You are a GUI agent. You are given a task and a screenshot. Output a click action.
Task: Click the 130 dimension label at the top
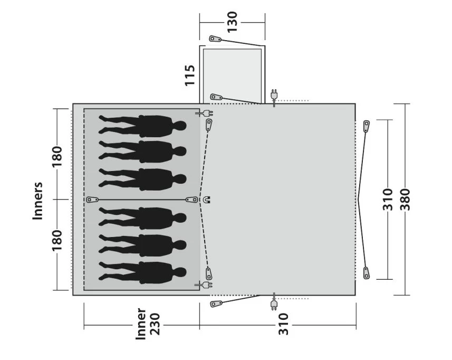click(x=232, y=22)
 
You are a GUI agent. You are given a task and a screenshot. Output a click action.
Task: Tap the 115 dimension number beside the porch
click(x=190, y=75)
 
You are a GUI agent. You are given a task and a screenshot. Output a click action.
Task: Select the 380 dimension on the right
click(x=405, y=200)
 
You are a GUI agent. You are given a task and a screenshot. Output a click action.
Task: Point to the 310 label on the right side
click(x=388, y=200)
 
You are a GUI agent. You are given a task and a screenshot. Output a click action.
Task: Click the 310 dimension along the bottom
click(x=283, y=324)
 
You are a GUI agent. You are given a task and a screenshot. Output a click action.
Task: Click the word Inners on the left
click(x=38, y=201)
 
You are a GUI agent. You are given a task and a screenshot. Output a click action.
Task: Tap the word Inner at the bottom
click(x=141, y=324)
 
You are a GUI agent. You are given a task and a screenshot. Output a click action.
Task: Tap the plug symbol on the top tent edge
click(x=274, y=95)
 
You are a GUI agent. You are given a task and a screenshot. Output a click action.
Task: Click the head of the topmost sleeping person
click(x=180, y=126)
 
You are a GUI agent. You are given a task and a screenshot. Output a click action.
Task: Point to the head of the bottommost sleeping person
click(x=180, y=272)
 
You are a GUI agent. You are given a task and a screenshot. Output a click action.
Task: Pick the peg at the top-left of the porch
click(x=214, y=39)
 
